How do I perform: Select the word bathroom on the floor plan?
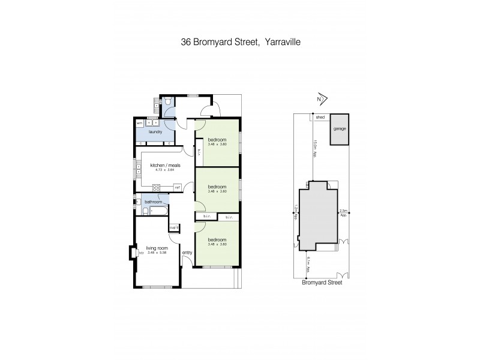coord(153,202)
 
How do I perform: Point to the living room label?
coord(157,247)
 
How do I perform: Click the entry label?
coord(187,253)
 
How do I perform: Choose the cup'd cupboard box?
coord(175,227)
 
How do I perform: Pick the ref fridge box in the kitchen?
coord(178,188)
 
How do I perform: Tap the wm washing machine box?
coord(139,123)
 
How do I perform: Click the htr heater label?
coord(141,253)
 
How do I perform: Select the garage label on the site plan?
coord(340,128)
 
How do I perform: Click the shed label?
coord(320,118)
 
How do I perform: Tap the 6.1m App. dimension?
coord(307,263)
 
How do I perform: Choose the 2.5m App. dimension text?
coord(343,212)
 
